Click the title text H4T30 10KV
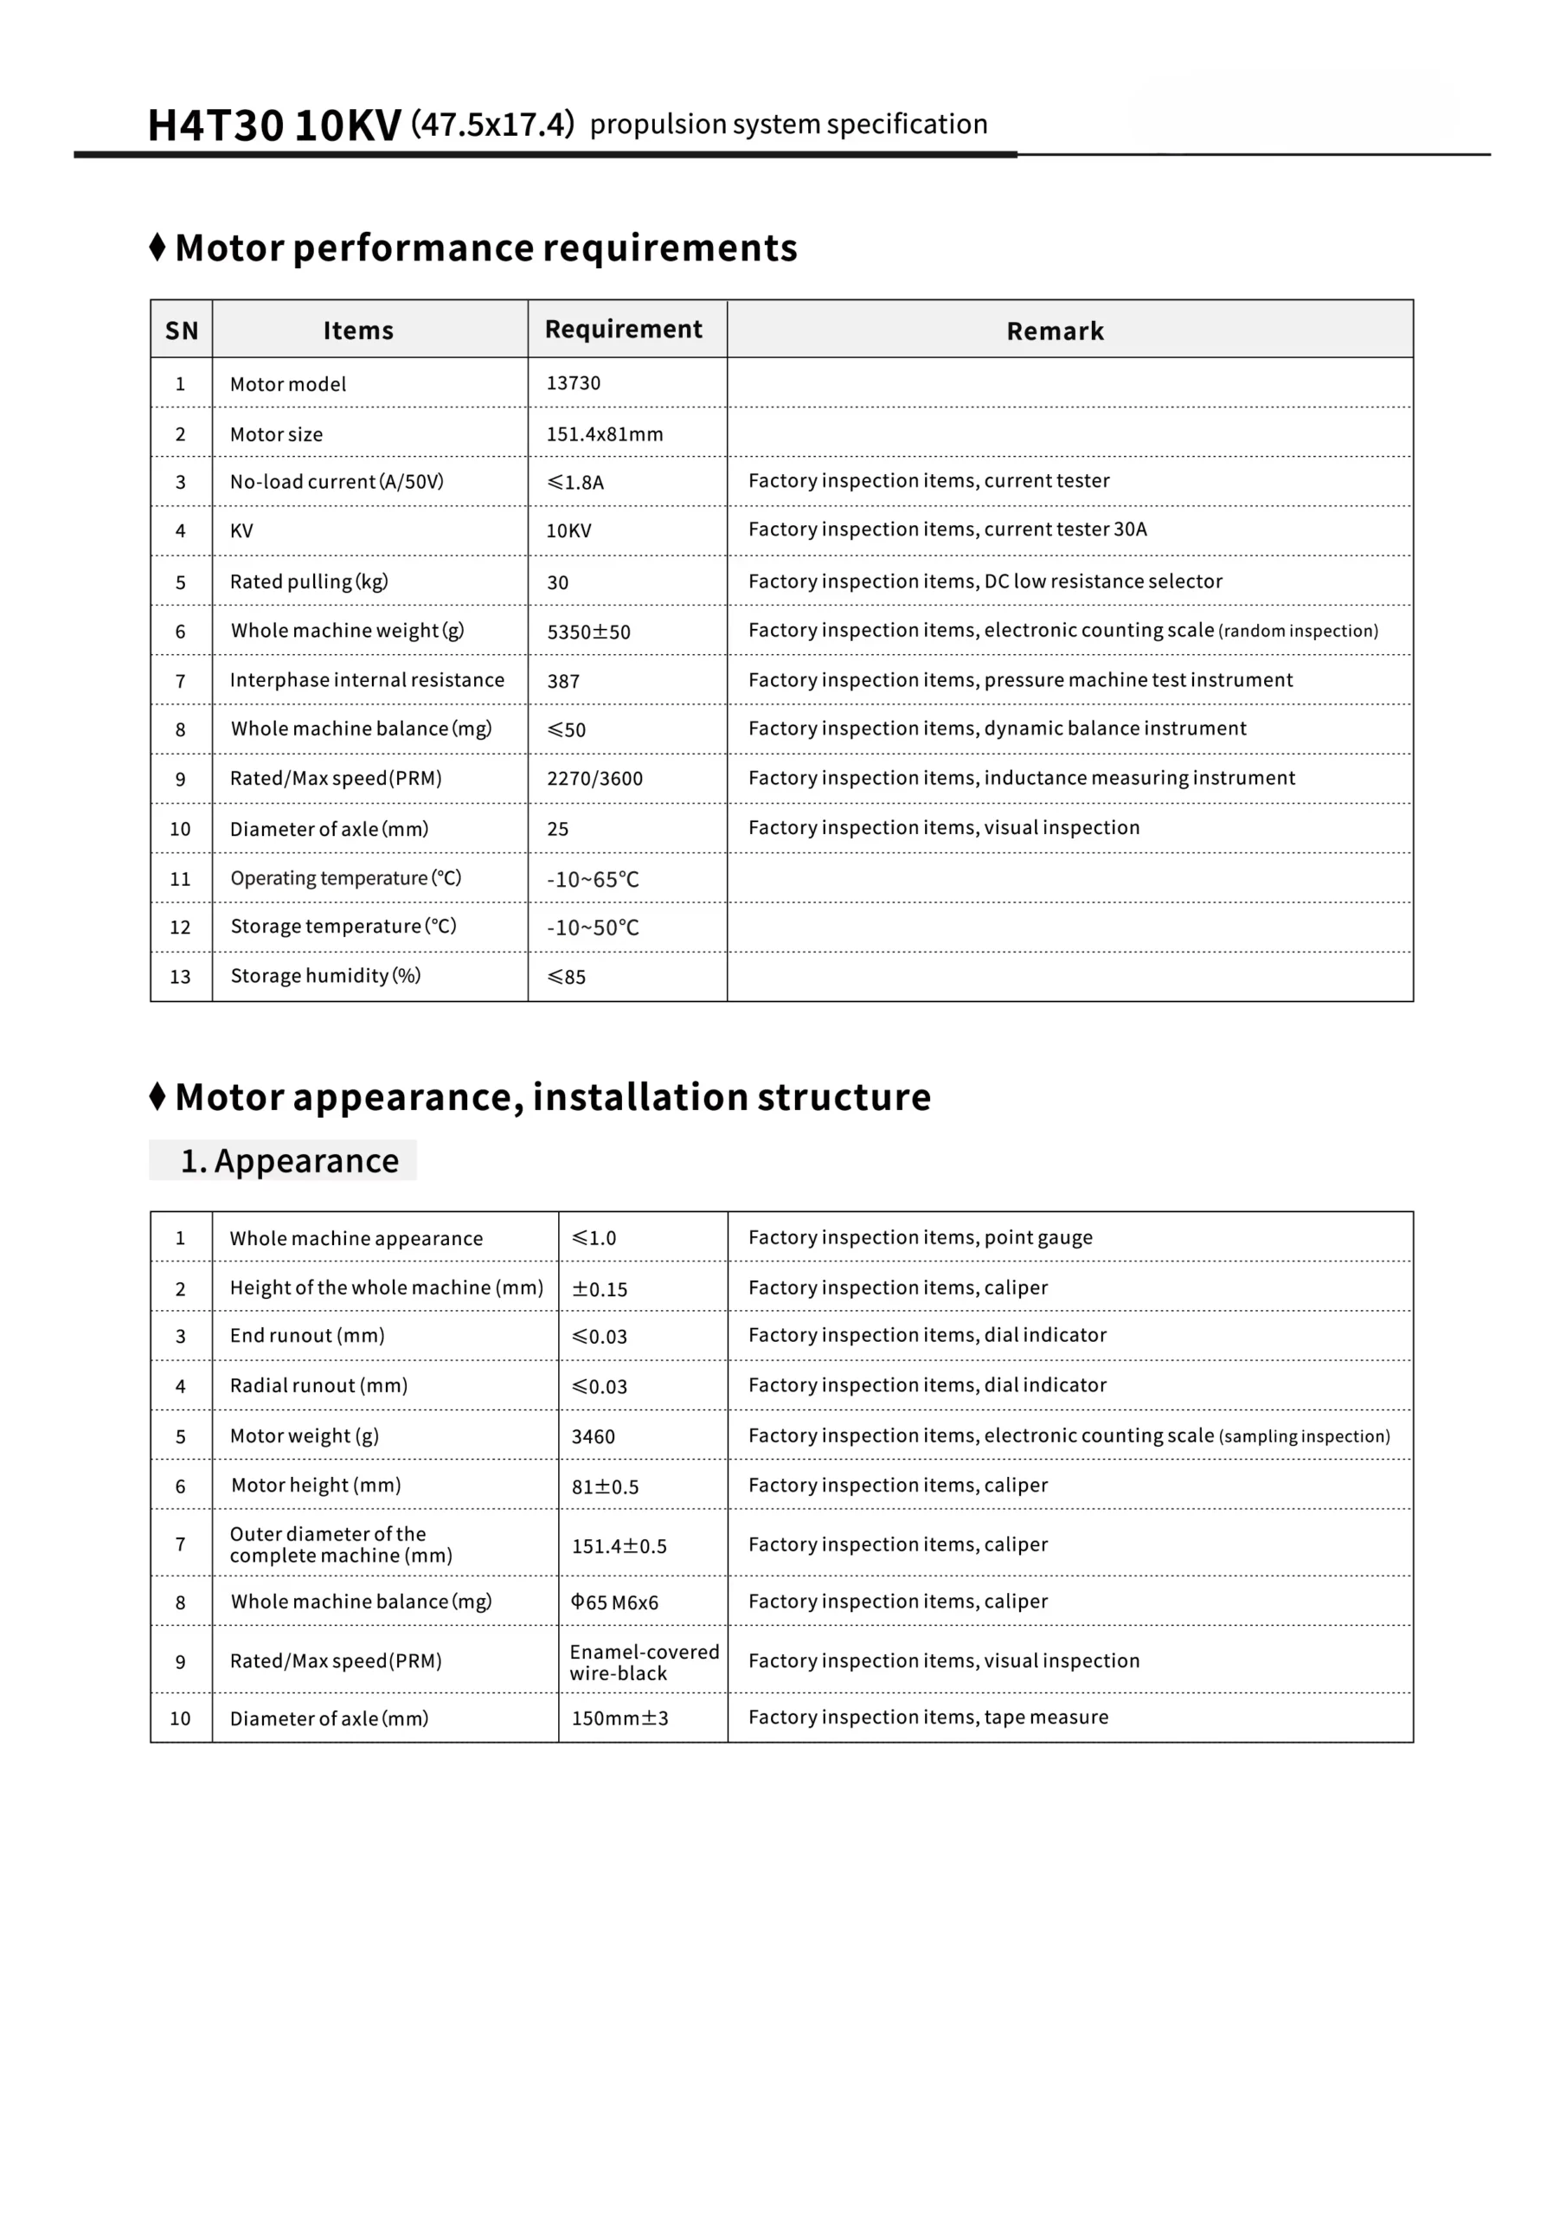click(x=274, y=126)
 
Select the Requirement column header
click(x=623, y=329)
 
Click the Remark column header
click(x=1055, y=331)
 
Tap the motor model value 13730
click(x=573, y=383)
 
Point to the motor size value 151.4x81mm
click(x=605, y=434)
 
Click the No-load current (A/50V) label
click(x=337, y=481)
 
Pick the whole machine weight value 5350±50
click(x=588, y=632)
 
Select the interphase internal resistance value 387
click(x=563, y=681)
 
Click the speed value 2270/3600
click(x=594, y=779)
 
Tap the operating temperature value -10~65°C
click(x=593, y=879)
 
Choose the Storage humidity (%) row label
click(x=325, y=975)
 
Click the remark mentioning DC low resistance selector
click(x=985, y=581)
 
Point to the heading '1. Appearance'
click(x=290, y=1160)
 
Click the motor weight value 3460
click(x=593, y=1436)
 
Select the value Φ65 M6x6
click(x=614, y=1602)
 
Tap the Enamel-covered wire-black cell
click(x=644, y=1662)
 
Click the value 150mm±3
click(x=619, y=1718)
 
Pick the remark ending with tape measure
click(x=928, y=1717)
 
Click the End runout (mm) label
click(x=307, y=1335)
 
